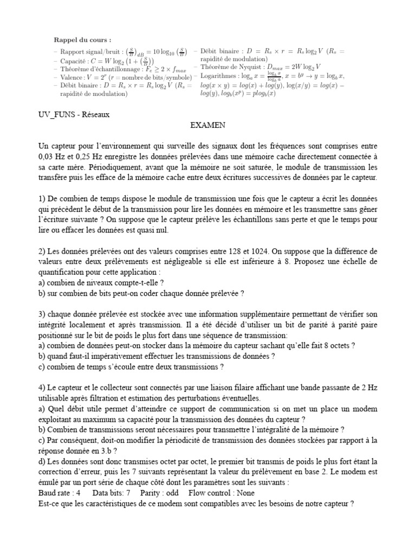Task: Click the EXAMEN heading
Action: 207,125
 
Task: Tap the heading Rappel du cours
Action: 82,40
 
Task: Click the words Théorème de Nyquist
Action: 227,67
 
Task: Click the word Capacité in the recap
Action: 73,61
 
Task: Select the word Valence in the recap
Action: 71,77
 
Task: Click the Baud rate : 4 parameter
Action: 60,493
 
